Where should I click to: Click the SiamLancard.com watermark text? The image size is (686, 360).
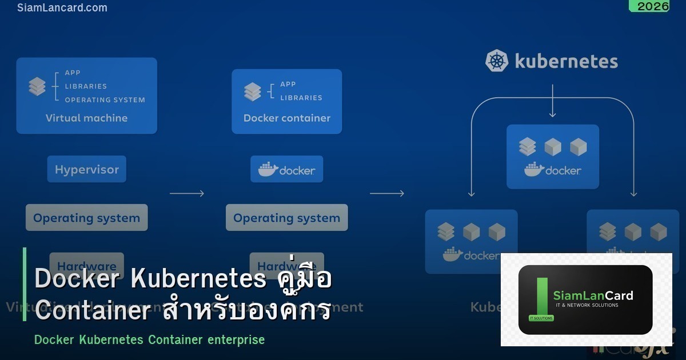(x=62, y=8)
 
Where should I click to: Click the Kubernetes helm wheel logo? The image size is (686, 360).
(x=497, y=61)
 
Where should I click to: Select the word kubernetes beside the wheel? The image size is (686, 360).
(x=566, y=61)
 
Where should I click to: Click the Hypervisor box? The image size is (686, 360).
(x=87, y=169)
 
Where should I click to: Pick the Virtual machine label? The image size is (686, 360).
(x=86, y=118)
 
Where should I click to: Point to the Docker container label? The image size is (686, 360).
(x=287, y=118)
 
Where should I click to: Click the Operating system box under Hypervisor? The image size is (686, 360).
(x=86, y=218)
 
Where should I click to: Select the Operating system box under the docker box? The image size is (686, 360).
(x=286, y=218)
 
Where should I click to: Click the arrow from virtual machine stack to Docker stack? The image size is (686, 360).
(x=187, y=194)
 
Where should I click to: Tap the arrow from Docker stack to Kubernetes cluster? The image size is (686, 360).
(x=387, y=194)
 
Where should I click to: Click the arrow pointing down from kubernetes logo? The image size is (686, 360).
(x=552, y=102)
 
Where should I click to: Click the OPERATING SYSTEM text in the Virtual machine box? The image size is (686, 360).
(x=105, y=100)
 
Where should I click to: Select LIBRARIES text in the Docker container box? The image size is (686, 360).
(x=301, y=98)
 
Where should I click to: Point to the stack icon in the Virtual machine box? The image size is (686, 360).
(x=37, y=87)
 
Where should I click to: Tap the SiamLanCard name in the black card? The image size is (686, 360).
(x=593, y=295)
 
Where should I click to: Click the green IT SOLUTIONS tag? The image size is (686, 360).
(x=541, y=318)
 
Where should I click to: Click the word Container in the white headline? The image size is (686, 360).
(x=93, y=311)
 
